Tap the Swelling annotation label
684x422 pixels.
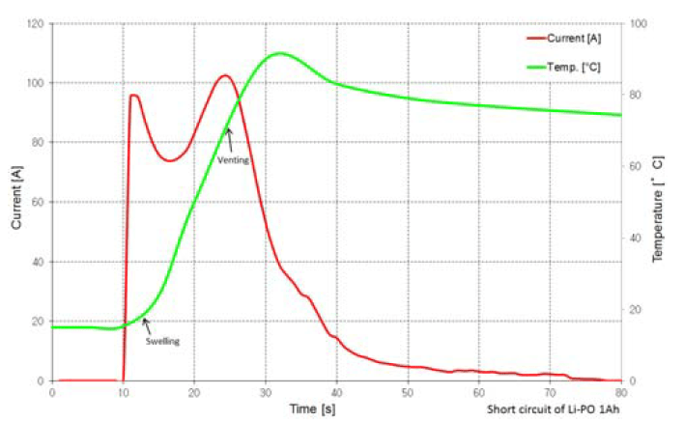(162, 341)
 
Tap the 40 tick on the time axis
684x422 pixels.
(336, 394)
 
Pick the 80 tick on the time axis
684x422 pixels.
(620, 394)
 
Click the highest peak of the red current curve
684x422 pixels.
(224, 75)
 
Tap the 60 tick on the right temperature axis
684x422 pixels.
(638, 166)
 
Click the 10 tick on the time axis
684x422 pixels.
(123, 394)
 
